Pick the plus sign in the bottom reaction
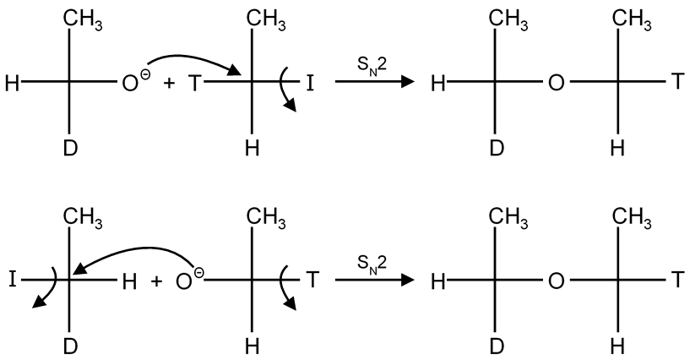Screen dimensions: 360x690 pos(156,280)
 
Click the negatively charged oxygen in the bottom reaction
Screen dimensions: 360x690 pos(184,280)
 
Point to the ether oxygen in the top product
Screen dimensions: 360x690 pos(556,83)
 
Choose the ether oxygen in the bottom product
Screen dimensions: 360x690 pos(556,280)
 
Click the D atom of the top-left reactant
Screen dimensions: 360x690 pos(71,149)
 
